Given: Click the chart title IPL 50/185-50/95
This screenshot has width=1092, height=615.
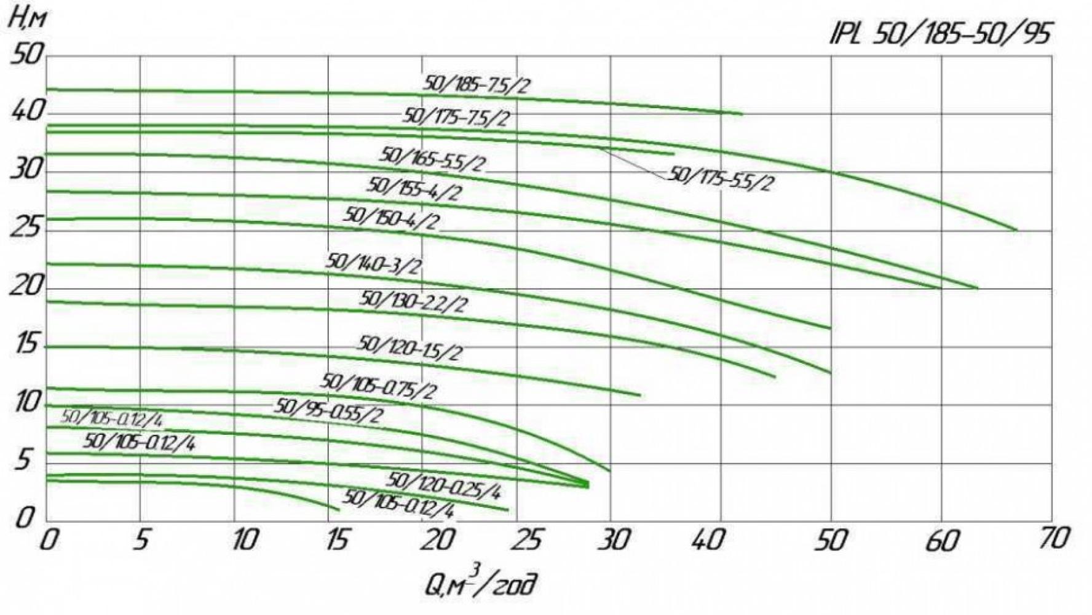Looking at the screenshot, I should (940, 34).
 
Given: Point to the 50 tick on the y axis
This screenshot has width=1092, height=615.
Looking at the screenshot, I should (28, 55).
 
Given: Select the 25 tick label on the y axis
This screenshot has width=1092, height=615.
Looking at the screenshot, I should (26, 229).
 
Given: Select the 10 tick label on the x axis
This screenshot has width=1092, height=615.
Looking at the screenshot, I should (244, 541).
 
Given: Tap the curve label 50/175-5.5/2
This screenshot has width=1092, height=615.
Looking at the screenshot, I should (719, 178).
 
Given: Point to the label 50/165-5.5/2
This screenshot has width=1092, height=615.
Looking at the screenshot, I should (433, 159).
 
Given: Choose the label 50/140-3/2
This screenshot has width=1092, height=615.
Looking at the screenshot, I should (374, 263).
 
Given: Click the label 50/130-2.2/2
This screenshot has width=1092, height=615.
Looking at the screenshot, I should (413, 301).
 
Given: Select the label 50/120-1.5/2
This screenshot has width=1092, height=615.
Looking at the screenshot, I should (410, 348).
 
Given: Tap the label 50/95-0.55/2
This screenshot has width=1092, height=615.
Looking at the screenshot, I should (328, 410).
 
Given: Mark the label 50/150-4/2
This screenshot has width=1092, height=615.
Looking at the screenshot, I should (392, 218).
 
